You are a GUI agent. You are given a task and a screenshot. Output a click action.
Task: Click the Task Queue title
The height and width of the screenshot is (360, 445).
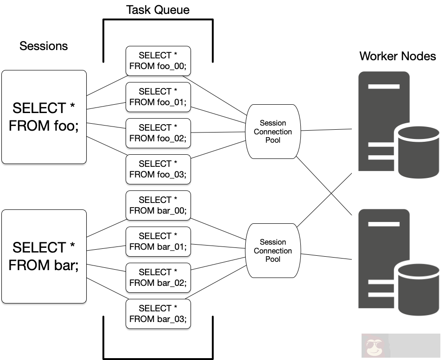coord(158,10)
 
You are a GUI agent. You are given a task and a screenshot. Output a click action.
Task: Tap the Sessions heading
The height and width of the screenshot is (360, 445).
coord(44,46)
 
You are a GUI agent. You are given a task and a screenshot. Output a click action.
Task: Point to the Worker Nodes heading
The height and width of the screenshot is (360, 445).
coord(397,57)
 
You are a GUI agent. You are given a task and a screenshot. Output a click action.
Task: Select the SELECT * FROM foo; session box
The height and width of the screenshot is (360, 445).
coord(44,117)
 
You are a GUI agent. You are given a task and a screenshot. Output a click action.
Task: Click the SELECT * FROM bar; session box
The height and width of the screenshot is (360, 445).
coord(44,256)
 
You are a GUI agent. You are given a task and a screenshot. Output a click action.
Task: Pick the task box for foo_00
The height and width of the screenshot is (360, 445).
coord(158,61)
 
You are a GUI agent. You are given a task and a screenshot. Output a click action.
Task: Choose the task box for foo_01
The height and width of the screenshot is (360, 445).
coord(158,97)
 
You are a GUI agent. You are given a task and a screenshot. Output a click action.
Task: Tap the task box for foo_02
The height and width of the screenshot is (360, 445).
coord(158,133)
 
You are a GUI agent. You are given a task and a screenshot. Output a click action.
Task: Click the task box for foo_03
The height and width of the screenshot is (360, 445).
coord(158,169)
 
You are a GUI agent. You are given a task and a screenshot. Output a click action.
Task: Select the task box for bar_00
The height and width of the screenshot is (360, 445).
coord(158,205)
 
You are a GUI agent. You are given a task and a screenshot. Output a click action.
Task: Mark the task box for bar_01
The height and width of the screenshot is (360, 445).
coord(158,241)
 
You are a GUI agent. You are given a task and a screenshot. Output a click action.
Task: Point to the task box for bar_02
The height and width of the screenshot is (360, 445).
coord(158,278)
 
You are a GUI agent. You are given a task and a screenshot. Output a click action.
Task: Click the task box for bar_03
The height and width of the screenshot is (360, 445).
coord(158,314)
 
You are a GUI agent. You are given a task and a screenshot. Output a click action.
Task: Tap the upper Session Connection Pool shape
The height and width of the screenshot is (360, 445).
coord(273,132)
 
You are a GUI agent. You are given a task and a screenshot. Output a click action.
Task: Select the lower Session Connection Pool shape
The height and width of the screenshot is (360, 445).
coord(273,251)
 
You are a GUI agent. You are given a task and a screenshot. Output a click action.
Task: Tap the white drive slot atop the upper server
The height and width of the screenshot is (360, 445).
coord(383,86)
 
